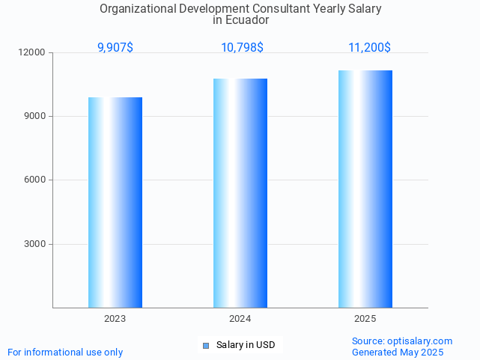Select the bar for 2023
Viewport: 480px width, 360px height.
(115, 202)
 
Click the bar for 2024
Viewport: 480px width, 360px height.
(240, 193)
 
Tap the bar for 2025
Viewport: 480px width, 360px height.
(365, 189)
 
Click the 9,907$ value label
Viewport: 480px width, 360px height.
(115, 48)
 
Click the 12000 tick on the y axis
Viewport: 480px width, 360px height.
(32, 52)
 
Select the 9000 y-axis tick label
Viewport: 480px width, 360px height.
(34, 116)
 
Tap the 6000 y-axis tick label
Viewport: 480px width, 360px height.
(34, 180)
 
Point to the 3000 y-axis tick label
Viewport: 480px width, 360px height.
(34, 244)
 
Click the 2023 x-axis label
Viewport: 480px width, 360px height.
(115, 319)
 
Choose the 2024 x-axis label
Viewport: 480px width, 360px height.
(240, 319)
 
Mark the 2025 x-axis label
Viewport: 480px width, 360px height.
(365, 319)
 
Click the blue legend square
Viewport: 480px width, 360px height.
(207, 345)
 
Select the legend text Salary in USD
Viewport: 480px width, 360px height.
(246, 345)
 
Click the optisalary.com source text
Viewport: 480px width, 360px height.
(402, 341)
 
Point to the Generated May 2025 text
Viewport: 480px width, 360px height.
(398, 353)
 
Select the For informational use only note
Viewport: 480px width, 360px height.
(65, 353)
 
